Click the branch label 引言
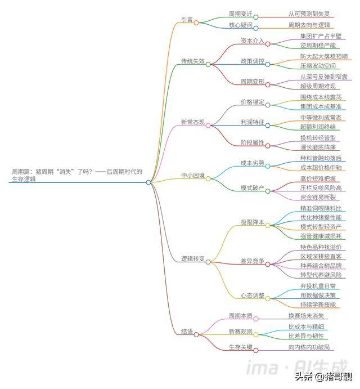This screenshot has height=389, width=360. point(187,20)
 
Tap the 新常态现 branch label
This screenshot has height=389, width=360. point(192,122)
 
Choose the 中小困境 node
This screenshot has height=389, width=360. point(192,175)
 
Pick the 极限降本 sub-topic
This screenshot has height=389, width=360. point(252,222)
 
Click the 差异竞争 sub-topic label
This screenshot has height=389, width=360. point(252,261)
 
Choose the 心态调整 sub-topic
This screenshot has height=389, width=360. point(252,296)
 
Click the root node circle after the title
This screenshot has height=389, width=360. point(148,182)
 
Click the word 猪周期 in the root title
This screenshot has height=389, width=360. point(47,172)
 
